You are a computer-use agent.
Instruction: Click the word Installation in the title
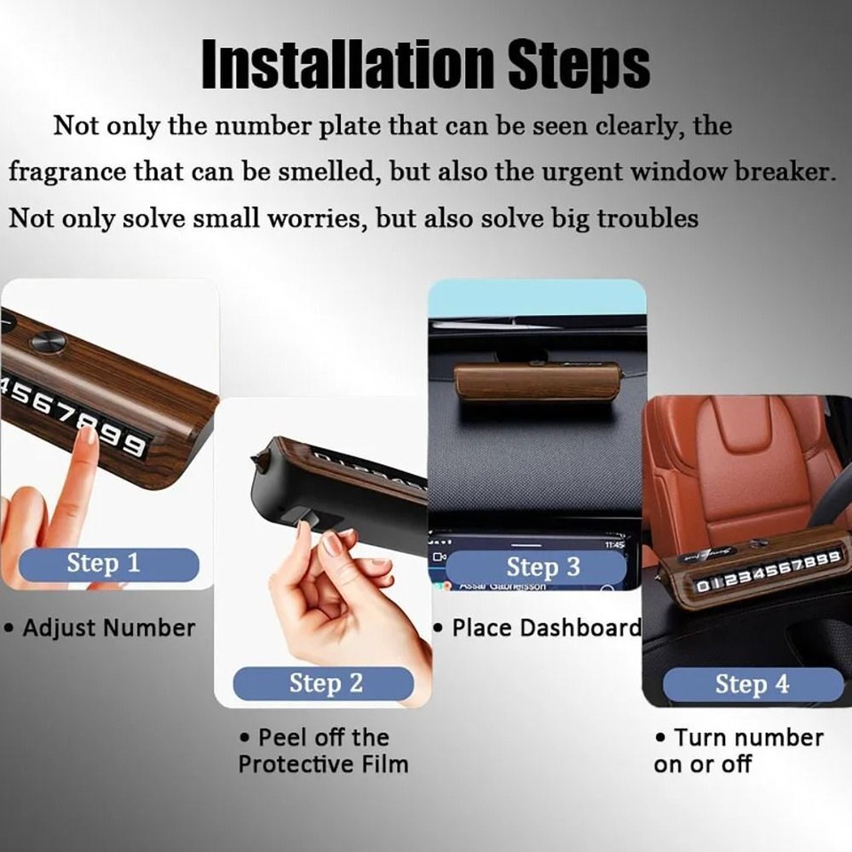pos(346,64)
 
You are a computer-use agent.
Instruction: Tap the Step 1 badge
pos(104,564)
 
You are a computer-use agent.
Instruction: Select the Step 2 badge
pos(325,683)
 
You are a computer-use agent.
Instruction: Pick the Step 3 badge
pos(542,566)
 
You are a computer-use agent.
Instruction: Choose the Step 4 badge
pos(752,684)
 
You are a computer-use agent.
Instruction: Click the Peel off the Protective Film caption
pos(323,751)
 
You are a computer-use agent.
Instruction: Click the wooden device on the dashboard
pos(536,382)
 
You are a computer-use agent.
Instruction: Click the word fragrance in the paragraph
pos(67,171)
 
